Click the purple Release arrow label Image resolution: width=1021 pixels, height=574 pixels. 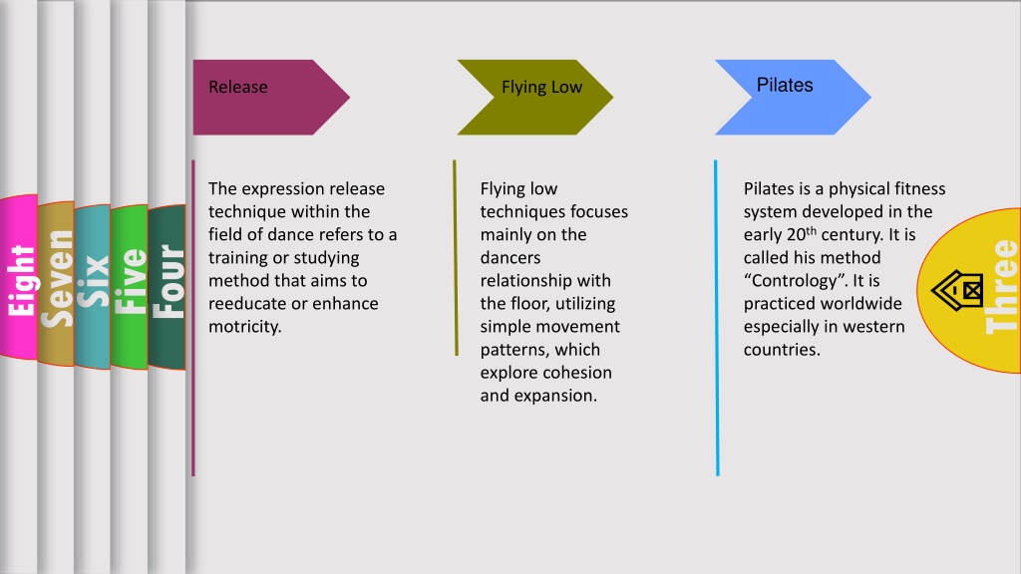(x=271, y=98)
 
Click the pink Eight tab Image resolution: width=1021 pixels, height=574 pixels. (x=19, y=277)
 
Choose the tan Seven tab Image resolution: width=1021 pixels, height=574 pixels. (x=56, y=284)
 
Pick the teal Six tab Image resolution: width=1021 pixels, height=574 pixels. (x=93, y=287)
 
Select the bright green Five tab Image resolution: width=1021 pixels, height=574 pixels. (x=130, y=287)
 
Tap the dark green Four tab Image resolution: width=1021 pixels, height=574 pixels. (x=168, y=287)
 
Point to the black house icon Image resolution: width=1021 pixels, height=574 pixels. (x=957, y=290)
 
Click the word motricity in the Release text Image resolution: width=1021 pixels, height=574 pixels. (x=245, y=327)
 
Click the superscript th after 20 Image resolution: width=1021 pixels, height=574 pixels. (x=812, y=231)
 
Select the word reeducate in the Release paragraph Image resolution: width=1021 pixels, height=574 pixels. (x=246, y=304)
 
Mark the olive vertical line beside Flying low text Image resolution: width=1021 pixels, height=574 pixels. (x=455, y=258)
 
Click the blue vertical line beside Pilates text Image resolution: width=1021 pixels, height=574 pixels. (x=716, y=318)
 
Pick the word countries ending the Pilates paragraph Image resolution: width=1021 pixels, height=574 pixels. (x=782, y=350)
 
